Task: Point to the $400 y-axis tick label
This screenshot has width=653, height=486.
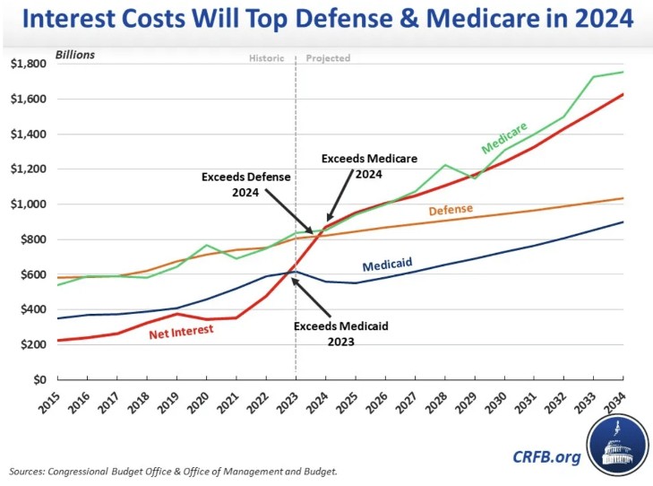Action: (x=29, y=309)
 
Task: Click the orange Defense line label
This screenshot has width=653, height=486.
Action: (x=451, y=211)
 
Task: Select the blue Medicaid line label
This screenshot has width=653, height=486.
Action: (x=387, y=265)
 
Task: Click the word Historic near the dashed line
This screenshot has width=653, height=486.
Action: (x=266, y=58)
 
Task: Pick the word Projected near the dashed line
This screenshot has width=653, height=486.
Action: (x=328, y=58)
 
